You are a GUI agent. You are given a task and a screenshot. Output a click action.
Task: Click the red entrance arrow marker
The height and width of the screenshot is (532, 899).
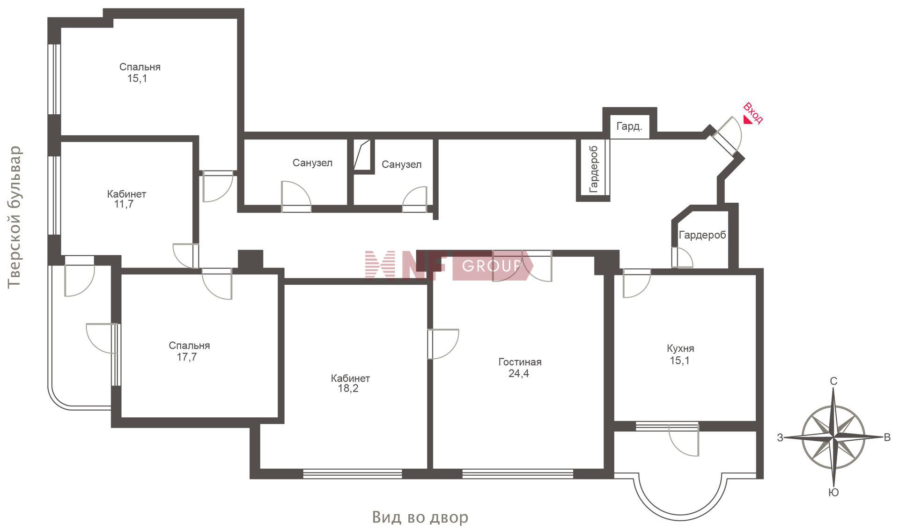(748, 120)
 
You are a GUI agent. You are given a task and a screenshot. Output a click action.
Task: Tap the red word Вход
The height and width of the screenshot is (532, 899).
(753, 113)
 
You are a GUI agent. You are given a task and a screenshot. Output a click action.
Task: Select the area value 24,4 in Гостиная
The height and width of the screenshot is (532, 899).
(519, 374)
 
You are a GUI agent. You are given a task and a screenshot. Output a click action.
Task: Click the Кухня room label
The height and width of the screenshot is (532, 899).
(680, 348)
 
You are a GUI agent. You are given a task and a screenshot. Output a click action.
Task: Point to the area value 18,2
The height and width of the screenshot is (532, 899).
(348, 388)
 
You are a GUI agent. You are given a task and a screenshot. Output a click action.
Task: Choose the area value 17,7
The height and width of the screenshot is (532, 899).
(186, 357)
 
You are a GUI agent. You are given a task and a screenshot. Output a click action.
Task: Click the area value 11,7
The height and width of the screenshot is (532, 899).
(124, 204)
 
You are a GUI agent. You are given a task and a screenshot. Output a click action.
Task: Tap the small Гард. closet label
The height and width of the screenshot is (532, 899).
(629, 126)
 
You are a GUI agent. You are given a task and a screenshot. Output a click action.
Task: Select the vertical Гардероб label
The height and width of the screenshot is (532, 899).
(594, 169)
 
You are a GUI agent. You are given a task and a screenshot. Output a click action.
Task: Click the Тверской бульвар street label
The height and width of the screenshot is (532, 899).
(15, 217)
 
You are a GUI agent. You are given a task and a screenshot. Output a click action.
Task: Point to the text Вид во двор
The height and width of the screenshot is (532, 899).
(420, 517)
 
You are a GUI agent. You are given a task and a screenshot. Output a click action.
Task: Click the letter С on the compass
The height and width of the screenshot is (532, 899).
(833, 382)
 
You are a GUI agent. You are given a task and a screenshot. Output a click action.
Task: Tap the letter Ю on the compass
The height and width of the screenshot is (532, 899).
(833, 492)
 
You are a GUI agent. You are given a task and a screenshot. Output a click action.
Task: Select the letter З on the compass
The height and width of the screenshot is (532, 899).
(780, 438)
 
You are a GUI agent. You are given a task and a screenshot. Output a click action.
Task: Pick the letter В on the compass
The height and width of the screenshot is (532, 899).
(887, 437)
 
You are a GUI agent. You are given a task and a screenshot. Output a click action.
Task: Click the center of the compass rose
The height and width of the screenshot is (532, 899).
(833, 438)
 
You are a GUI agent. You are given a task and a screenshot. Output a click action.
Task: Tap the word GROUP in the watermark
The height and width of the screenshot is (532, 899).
(491, 266)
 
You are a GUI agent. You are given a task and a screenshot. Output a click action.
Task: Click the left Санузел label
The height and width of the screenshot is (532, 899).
(312, 163)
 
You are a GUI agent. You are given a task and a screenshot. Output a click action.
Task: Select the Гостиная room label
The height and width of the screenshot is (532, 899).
(520, 362)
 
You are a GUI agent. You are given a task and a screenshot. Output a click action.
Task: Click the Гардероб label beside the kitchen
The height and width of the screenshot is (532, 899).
(702, 235)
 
